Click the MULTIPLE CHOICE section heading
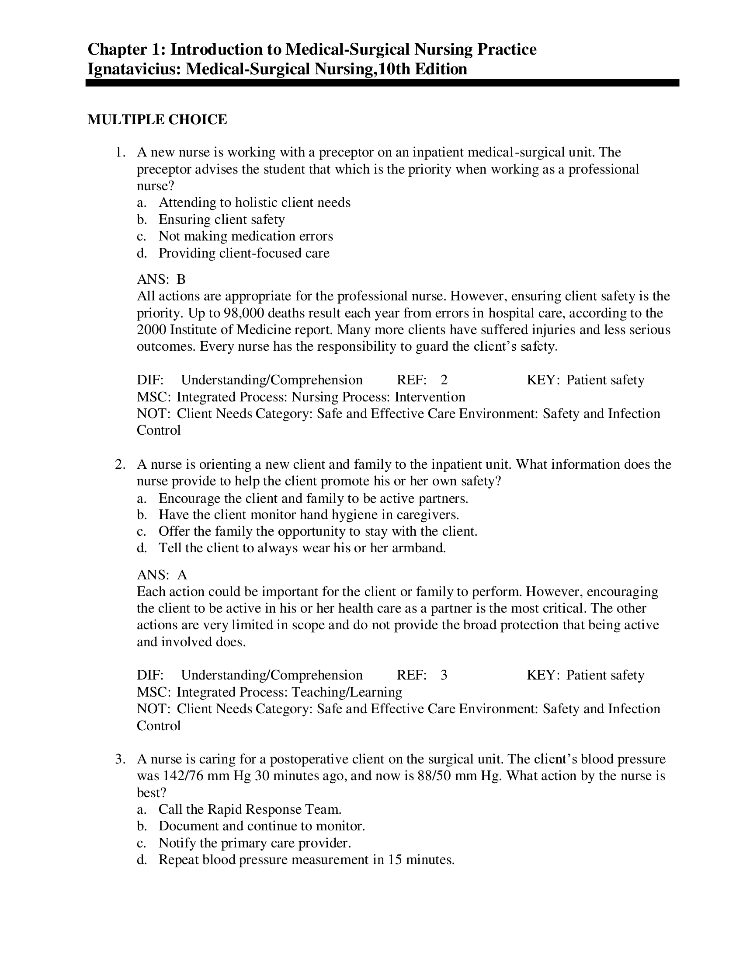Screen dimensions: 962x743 (157, 120)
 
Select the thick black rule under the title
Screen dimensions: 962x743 (382, 83)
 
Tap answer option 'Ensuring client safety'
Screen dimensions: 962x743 (222, 220)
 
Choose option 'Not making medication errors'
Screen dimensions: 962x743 (246, 236)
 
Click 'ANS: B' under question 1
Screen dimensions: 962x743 (161, 279)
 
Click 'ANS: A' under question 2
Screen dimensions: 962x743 (162, 575)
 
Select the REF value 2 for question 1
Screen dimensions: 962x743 (444, 380)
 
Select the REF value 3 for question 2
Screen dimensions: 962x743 (444, 675)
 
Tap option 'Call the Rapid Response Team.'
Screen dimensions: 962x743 (250, 809)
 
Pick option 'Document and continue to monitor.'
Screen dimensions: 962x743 (262, 826)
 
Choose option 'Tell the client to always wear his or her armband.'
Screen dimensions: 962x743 (302, 548)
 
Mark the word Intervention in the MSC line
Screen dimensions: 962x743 (430, 397)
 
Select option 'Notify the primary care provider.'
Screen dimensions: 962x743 (254, 843)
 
